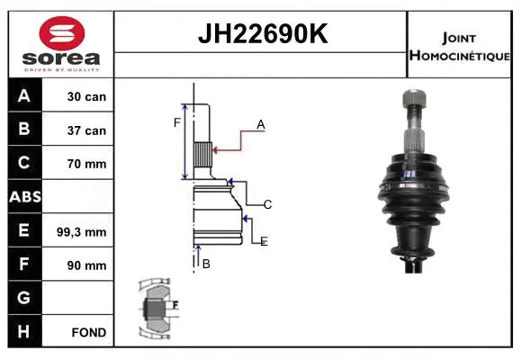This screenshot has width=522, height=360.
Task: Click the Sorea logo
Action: pos(61,43)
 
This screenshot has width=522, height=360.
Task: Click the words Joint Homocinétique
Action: pos(460,45)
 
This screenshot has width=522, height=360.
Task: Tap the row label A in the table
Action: pos(23,96)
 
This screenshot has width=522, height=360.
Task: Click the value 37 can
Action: pos(86,130)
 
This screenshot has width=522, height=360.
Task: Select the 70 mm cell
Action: pos(86,164)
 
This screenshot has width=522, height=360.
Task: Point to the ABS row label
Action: pos(23,197)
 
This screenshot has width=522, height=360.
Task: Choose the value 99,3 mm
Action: pos(86,231)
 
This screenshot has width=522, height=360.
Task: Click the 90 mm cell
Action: pos(86,265)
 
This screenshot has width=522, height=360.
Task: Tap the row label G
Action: pos(23,298)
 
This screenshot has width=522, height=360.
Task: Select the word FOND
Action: pos(88,332)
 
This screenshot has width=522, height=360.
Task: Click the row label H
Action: pos(23,331)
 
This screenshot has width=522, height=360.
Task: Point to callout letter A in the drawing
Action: pos(261,125)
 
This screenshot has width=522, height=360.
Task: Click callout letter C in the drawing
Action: pos(267,205)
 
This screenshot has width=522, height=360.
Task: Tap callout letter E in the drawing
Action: pos(264,241)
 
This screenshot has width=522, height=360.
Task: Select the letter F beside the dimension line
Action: pos(177,122)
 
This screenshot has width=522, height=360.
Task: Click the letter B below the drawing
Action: pos(206,264)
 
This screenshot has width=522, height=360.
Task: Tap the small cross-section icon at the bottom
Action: pos(157,308)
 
